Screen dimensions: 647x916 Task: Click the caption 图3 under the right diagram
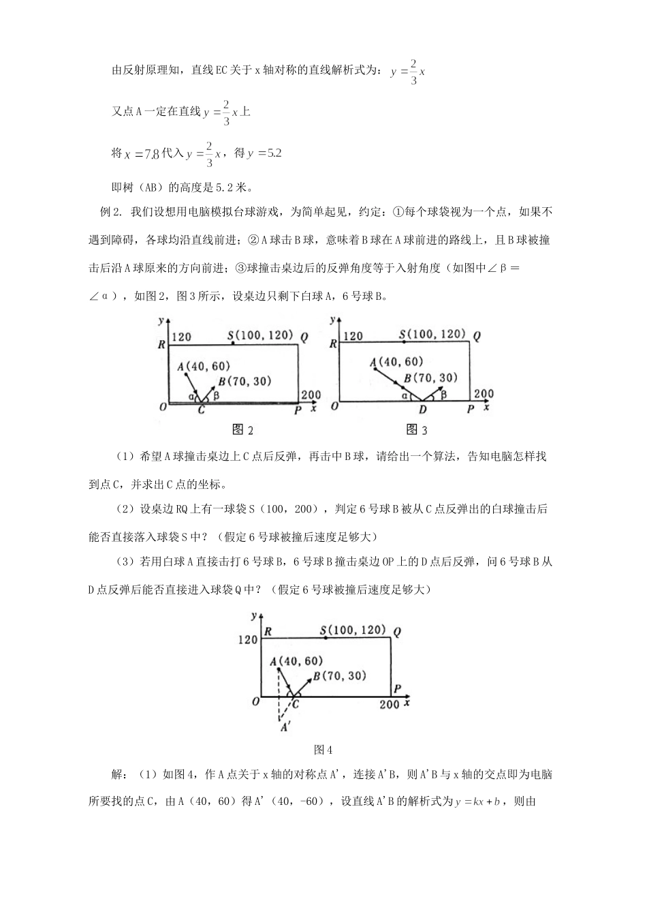(x=417, y=429)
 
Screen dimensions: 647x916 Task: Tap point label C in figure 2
(x=201, y=410)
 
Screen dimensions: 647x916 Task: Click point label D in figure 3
(x=422, y=409)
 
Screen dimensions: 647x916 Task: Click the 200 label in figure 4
(x=389, y=704)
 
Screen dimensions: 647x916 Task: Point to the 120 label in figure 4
(x=248, y=639)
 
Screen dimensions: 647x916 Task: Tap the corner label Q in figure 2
(x=304, y=336)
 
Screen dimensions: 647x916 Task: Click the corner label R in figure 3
(x=333, y=344)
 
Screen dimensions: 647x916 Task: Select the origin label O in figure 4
(x=256, y=701)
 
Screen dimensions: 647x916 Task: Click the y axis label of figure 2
(x=160, y=320)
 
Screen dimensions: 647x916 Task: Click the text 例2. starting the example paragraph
(x=110, y=212)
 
